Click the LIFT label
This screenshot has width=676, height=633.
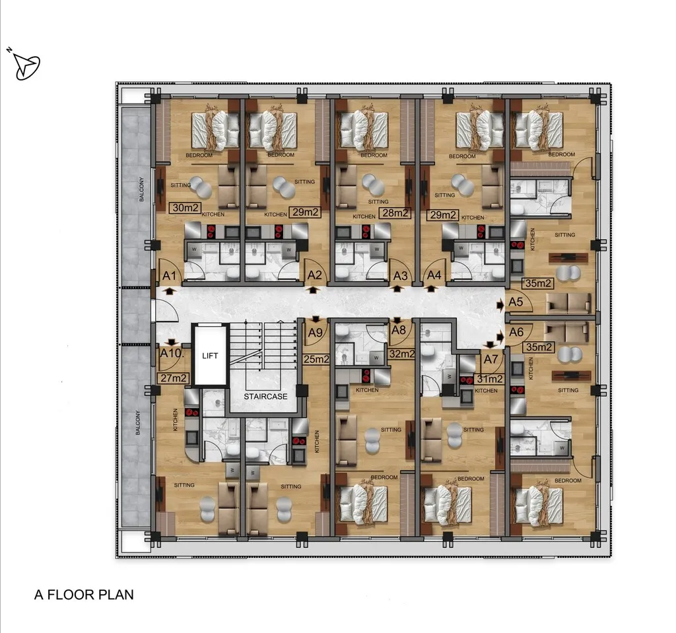210,356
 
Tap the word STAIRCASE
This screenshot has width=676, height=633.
265,396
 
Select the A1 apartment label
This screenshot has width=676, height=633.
170,276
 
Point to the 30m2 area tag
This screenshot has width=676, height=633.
185,208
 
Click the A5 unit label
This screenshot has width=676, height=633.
516,302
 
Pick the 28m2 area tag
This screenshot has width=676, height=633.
395,213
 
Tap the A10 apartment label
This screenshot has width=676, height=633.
172,354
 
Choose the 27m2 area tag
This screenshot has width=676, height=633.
173,378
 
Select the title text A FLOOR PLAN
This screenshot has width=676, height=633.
84,595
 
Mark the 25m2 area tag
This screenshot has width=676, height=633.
316,359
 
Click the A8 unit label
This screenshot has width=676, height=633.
398,330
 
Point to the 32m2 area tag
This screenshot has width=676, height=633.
401,354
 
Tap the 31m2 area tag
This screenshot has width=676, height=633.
489,379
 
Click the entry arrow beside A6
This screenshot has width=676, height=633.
500,337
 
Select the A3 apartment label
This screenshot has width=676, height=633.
400,276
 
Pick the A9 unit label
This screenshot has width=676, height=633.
315,333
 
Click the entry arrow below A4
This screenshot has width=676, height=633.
430,289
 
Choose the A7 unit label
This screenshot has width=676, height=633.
490,359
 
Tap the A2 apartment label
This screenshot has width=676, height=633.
315,275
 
